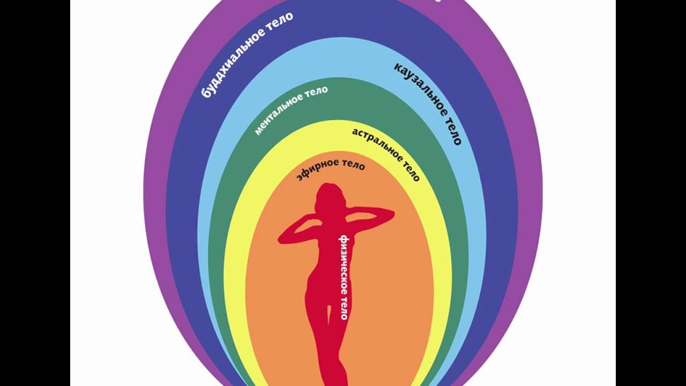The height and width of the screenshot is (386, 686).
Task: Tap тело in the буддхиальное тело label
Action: point(280,20)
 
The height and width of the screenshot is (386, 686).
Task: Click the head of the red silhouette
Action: point(327,197)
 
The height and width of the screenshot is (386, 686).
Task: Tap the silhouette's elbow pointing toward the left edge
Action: point(281,236)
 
